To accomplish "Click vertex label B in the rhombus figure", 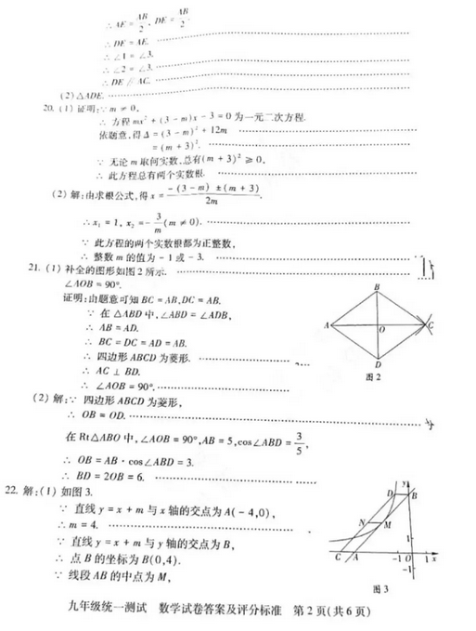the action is tap(378, 287).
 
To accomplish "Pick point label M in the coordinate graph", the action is tap(389, 525).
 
